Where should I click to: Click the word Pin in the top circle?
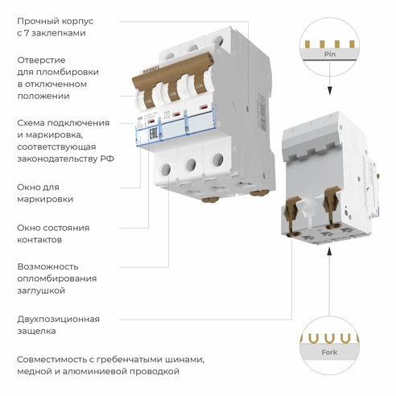pyautogui.click(x=329, y=56)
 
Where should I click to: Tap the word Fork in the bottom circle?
pyautogui.click(x=329, y=351)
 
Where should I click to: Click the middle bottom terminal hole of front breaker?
pyautogui.click(x=192, y=166)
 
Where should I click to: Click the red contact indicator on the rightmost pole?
pyautogui.click(x=204, y=106)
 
